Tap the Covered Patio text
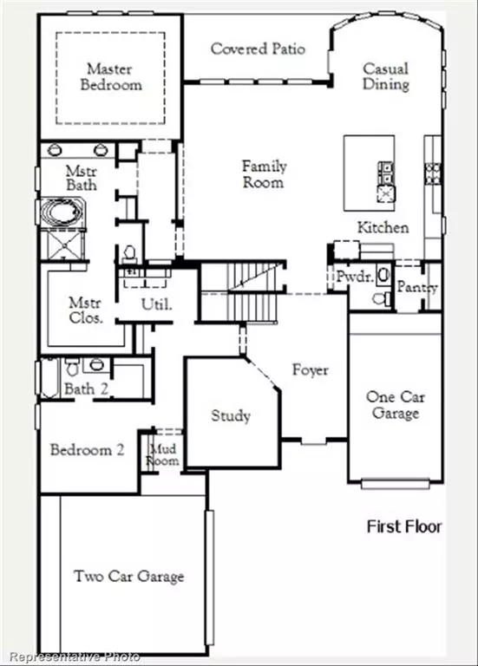pyautogui.click(x=258, y=49)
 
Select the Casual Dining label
pyautogui.click(x=386, y=76)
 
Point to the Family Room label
pyautogui.click(x=264, y=174)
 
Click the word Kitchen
pyautogui.click(x=383, y=227)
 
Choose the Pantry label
pyautogui.click(x=417, y=288)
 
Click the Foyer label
pyautogui.click(x=310, y=370)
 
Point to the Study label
pyautogui.click(x=231, y=415)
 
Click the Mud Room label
pyautogui.click(x=164, y=454)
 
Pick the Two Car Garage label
pyautogui.click(x=128, y=576)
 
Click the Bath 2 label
pyautogui.click(x=86, y=389)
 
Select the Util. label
pyautogui.click(x=157, y=304)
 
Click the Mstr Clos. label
pyautogui.click(x=86, y=310)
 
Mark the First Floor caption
pyautogui.click(x=404, y=526)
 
